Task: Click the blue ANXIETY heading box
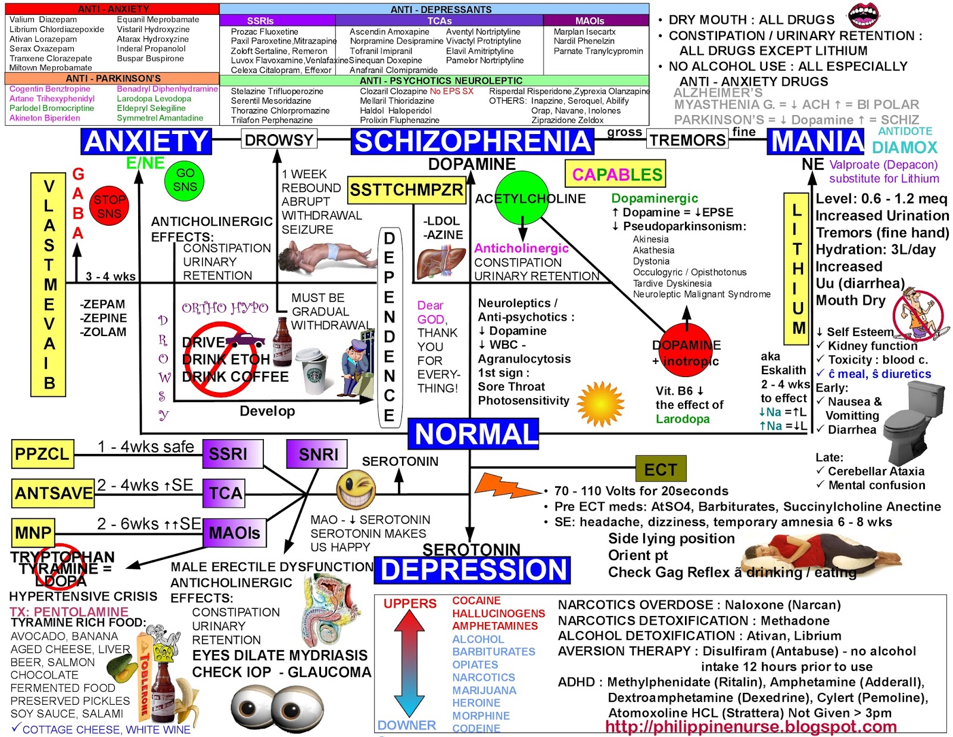pyautogui.click(x=146, y=142)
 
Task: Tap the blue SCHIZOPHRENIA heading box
pyautogui.click(x=472, y=142)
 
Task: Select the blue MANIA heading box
pyautogui.click(x=817, y=142)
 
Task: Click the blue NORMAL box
pyautogui.click(x=474, y=434)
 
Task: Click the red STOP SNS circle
pyautogui.click(x=109, y=206)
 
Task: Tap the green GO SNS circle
pyautogui.click(x=185, y=180)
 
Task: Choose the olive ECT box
pyautogui.click(x=661, y=469)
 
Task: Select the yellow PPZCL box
pyautogui.click(x=42, y=454)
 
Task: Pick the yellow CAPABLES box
pyautogui.click(x=615, y=174)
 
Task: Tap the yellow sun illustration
pyautogui.click(x=600, y=403)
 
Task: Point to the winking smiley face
pyautogui.click(x=356, y=490)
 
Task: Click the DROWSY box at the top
pyautogui.click(x=279, y=141)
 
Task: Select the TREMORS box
pyautogui.click(x=687, y=141)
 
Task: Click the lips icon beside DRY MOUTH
pyautogui.click(x=862, y=15)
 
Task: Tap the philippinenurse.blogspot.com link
pyautogui.click(x=750, y=727)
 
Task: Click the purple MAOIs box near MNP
pyautogui.click(x=234, y=533)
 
